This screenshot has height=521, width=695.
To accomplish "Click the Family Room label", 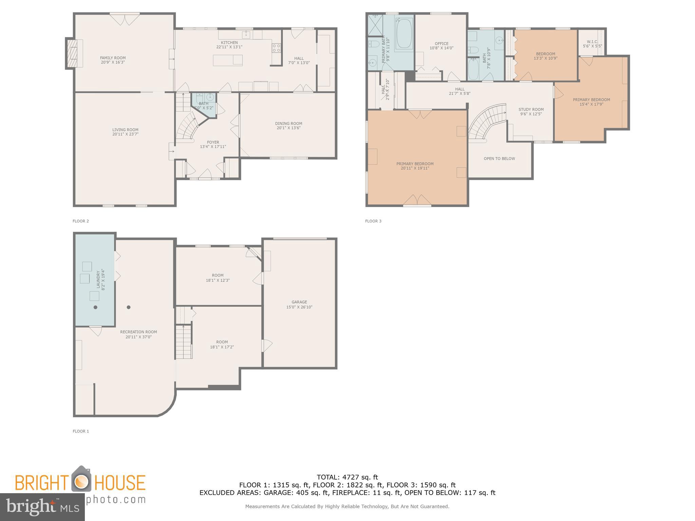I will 113,58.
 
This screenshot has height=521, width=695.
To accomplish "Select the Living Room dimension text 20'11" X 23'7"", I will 125,134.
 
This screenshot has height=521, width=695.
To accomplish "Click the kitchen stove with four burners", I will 276,48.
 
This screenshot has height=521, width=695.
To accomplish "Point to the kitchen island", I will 228,60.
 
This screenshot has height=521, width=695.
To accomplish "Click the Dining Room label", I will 288,123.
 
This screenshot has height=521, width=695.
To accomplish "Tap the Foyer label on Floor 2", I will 213,142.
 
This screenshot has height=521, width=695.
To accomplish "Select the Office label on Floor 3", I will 442,43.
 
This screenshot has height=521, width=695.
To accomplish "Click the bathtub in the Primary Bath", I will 404,34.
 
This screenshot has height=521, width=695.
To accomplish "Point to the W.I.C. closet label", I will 592,42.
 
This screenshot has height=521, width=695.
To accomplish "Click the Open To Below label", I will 499,158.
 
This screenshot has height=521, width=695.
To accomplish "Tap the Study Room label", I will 531,109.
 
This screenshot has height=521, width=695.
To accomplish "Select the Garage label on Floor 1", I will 299,302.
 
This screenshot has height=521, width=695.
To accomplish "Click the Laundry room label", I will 98,279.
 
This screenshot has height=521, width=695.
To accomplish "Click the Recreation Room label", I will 138,332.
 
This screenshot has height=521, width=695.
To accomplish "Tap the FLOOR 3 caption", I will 373,221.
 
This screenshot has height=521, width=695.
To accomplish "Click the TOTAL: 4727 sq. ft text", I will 347,477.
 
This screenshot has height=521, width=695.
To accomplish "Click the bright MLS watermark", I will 42,507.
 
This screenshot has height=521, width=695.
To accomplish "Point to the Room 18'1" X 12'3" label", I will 218,275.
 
